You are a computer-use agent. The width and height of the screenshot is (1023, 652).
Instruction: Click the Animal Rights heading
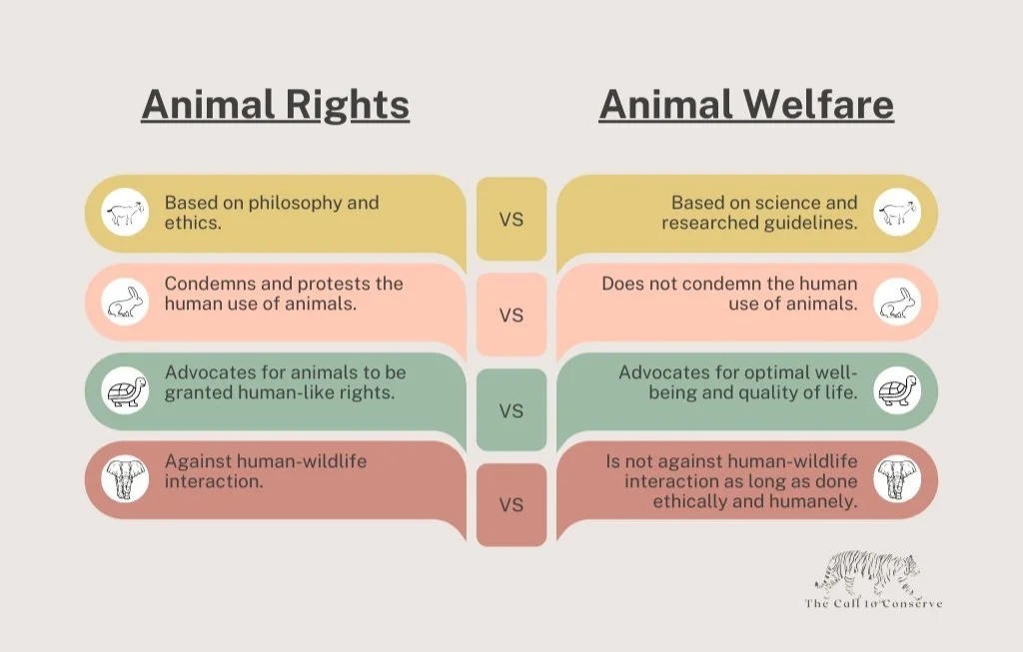(x=275, y=105)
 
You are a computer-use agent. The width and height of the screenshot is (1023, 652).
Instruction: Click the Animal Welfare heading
(x=746, y=105)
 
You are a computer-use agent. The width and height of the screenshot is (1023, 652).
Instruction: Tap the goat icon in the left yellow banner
(x=125, y=213)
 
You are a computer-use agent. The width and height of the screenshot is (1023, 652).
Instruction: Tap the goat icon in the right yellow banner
(x=897, y=213)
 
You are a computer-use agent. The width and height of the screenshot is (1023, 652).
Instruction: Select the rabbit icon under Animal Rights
(x=125, y=301)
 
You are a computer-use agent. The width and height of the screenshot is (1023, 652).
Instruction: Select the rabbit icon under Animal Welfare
(x=897, y=301)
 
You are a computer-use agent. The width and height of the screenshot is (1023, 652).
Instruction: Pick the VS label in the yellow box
(x=511, y=220)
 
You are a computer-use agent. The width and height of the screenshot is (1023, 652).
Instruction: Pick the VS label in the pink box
(x=511, y=316)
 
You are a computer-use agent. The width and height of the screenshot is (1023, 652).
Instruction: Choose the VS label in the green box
(x=511, y=410)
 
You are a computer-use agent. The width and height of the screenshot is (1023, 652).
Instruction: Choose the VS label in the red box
(x=511, y=505)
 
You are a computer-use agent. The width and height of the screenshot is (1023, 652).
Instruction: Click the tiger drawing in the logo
(x=867, y=573)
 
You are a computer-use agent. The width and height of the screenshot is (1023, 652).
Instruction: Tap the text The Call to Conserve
(x=873, y=603)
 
